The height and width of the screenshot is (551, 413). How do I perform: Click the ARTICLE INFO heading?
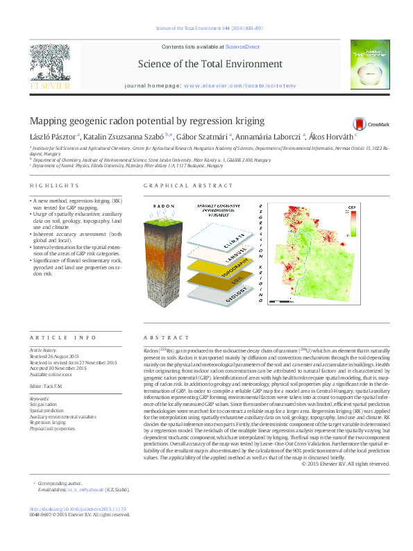click(63, 337)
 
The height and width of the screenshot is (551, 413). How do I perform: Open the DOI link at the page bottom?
click(80, 509)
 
